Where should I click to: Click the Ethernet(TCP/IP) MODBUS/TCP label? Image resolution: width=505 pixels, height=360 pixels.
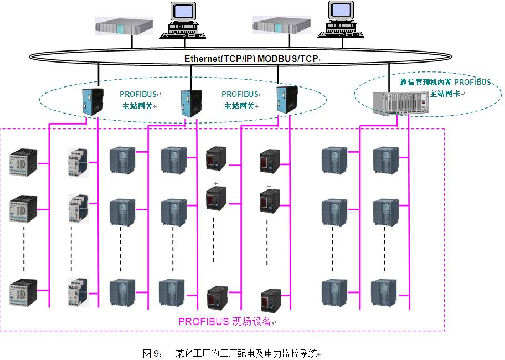point(252,59)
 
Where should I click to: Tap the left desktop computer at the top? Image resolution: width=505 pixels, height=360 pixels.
point(182,21)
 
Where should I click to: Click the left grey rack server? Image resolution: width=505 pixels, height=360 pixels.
point(123,25)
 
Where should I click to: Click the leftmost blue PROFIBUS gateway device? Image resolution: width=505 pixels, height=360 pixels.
point(90,101)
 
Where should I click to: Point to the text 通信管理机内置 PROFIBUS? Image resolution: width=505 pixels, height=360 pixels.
point(445,82)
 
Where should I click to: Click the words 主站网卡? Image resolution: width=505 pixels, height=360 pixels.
point(445,94)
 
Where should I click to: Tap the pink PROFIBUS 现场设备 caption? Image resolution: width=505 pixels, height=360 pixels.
point(225,321)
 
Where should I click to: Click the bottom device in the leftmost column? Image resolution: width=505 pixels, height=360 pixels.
point(23,291)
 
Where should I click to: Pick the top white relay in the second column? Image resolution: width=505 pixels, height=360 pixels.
point(78,162)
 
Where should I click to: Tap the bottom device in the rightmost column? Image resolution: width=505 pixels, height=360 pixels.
point(384,291)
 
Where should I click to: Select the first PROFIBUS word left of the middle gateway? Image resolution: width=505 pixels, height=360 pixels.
point(138,94)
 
